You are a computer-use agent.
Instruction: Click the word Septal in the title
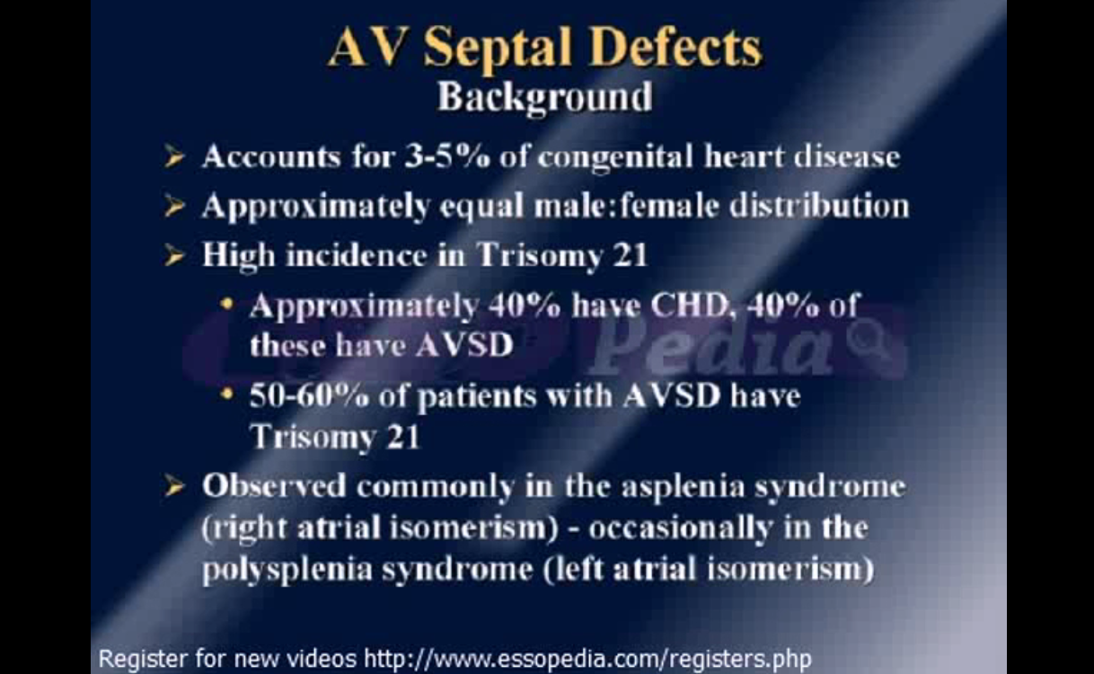tap(498, 49)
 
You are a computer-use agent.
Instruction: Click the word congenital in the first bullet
tap(615, 158)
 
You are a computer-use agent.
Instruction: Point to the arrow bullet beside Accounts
tap(174, 157)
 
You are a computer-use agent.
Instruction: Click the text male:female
tap(626, 206)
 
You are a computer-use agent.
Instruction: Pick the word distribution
tap(819, 206)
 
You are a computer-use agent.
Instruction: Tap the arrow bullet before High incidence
tap(174, 255)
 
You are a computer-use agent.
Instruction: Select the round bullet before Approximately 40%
tap(226, 304)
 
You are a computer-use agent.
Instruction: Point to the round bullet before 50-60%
tap(226, 394)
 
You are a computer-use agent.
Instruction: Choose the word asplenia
tap(683, 487)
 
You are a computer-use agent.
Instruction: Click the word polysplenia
tap(287, 571)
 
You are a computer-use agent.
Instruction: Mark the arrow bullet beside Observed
tap(174, 486)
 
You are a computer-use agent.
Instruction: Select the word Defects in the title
tap(676, 48)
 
